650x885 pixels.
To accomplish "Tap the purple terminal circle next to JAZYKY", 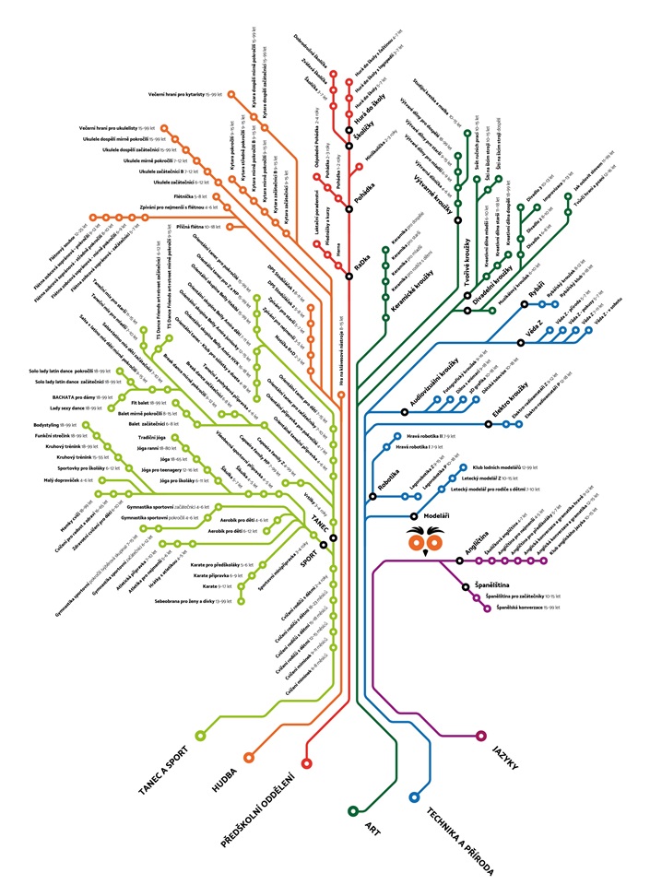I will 480,736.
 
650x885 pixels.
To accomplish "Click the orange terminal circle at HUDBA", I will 248,757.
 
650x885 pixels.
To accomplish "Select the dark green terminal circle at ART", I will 353,810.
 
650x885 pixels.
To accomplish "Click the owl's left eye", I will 418,544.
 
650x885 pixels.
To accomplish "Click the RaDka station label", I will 363,262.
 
